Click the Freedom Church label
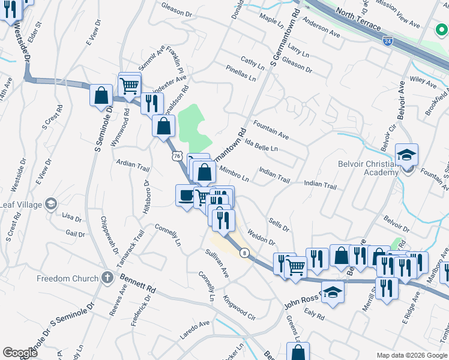(67, 278)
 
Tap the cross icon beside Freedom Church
(107, 278)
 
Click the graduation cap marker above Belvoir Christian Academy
(406, 155)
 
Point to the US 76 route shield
(176, 156)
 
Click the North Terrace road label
(358, 20)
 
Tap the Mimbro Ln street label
(234, 173)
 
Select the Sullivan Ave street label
(218, 264)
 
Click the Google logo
(20, 353)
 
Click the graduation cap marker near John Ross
(333, 293)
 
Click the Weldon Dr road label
(261, 237)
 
